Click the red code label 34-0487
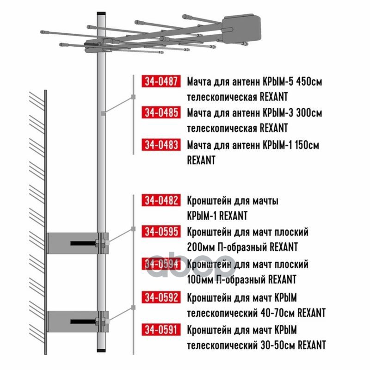tap(161, 81)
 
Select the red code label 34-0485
tap(161, 112)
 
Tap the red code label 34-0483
tap(161, 145)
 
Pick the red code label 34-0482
tap(161, 200)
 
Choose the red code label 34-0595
tap(161, 232)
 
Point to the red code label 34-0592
tap(161, 297)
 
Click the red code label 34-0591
tap(161, 330)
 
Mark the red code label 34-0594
tap(161, 264)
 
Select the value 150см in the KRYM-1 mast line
tap(307, 145)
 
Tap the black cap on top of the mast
tap(101, 14)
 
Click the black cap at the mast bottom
tap(101, 350)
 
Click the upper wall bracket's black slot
tap(83, 243)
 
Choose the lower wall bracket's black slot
tap(83, 321)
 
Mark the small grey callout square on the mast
tap(103, 113)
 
